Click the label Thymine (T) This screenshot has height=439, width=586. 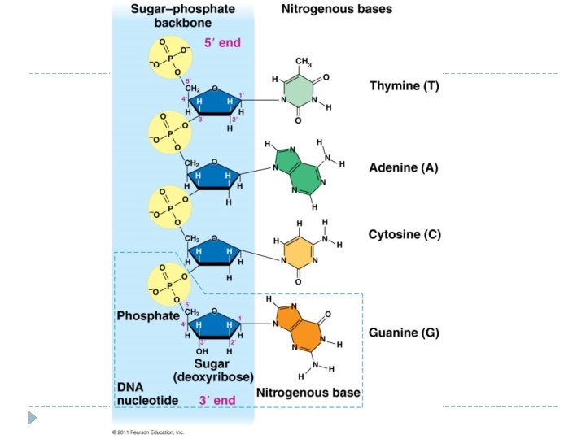coord(404,86)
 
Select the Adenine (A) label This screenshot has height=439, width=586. coord(404,168)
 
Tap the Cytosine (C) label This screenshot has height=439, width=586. coord(405,235)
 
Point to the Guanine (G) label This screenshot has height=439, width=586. coord(405,333)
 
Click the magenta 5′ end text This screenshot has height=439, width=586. coord(223,41)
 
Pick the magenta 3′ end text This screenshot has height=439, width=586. coord(217,400)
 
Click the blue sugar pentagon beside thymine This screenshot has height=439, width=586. coord(214,100)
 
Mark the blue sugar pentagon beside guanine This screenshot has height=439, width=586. coord(214,326)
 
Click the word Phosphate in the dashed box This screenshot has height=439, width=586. coord(147,315)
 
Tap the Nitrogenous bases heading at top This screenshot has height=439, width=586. coord(336,10)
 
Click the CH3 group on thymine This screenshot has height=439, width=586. coord(303,62)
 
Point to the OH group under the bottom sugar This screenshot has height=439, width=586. coord(191,351)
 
